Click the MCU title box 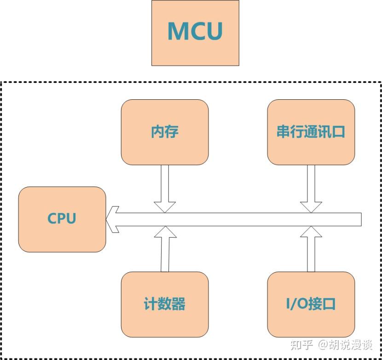tap(195, 33)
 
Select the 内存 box tap(165, 132)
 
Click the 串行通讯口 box tap(311, 132)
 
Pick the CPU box tap(62, 219)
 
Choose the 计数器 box tap(165, 304)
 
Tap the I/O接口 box tap(311, 304)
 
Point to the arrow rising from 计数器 tap(165, 248)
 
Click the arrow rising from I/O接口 tap(311, 248)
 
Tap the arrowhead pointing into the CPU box tap(112, 219)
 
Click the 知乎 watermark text tap(303, 344)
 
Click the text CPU tap(62, 218)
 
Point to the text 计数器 tap(164, 304)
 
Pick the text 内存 tap(164, 132)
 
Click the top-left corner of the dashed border tap(2, 83)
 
